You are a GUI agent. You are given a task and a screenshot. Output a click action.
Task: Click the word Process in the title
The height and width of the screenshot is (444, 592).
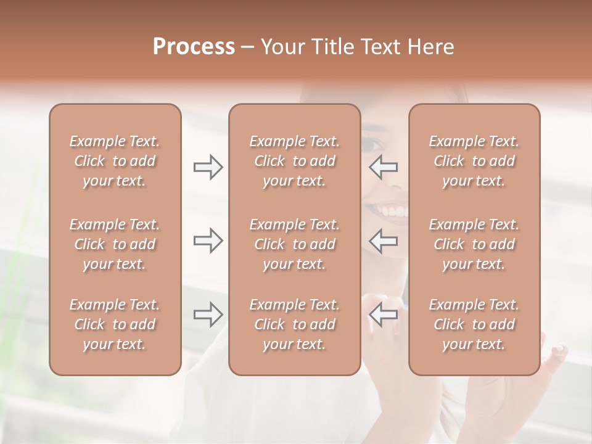click(x=194, y=47)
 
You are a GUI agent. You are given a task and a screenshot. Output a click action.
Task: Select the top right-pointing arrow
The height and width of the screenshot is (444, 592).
click(x=208, y=167)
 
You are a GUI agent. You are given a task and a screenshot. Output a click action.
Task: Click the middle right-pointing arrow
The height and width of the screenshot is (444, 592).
click(x=208, y=240)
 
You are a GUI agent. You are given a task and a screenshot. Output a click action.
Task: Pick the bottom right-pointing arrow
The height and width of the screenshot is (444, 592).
click(x=208, y=315)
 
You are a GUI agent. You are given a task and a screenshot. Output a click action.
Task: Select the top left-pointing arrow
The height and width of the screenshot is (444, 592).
click(x=383, y=167)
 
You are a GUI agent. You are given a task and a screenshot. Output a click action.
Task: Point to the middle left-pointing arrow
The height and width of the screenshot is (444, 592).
click(x=383, y=240)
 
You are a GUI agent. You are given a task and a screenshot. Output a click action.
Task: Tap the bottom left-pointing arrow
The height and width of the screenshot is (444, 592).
click(x=383, y=315)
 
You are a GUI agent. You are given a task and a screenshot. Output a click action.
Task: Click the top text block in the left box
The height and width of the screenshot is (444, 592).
click(x=115, y=161)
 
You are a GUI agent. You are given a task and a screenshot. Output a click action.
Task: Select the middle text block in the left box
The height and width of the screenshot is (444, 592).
click(x=115, y=244)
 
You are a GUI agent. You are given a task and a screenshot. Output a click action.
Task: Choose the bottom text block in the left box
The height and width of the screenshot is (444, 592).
click(x=115, y=324)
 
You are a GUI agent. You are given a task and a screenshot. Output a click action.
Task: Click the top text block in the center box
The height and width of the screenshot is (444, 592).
click(x=294, y=161)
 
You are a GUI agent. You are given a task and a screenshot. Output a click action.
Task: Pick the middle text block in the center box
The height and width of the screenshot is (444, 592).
click(x=294, y=244)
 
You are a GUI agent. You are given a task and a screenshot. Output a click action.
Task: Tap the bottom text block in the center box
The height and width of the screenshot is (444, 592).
click(x=294, y=324)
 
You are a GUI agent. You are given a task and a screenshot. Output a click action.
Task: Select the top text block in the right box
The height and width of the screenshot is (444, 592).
click(x=474, y=161)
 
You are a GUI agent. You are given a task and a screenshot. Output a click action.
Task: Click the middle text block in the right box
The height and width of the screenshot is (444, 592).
click(x=474, y=244)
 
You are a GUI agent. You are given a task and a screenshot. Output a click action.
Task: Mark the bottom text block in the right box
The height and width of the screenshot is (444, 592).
click(x=474, y=324)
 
